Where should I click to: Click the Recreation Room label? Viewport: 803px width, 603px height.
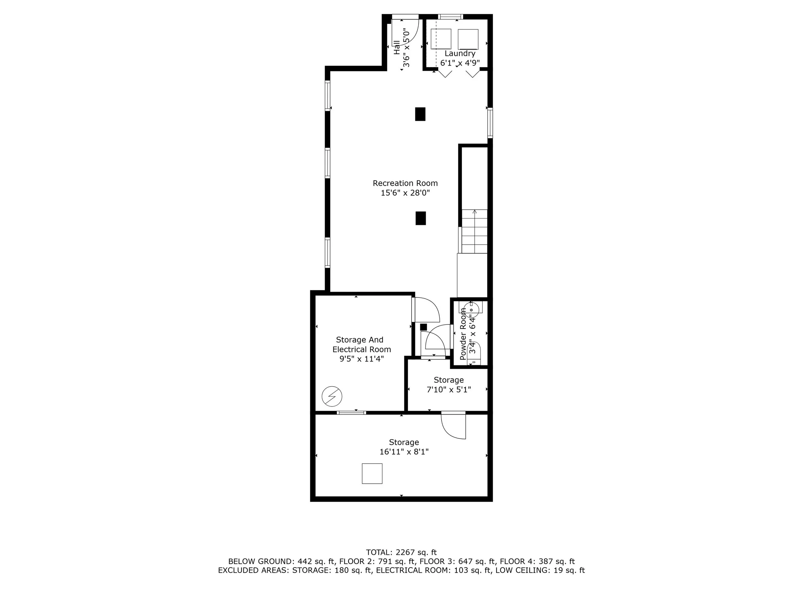coord(405,183)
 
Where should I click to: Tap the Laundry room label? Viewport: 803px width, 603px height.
coord(460,54)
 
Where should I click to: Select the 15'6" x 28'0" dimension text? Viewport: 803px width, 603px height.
coord(405,193)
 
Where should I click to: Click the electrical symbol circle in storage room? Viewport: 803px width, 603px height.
coord(332,396)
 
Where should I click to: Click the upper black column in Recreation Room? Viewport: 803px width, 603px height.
coord(420,114)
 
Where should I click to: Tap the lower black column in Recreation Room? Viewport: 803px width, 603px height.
coord(420,218)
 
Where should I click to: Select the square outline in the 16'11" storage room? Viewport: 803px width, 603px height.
coord(372,474)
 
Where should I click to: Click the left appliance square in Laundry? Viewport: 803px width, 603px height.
coord(441,39)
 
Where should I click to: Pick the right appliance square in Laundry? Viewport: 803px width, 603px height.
coord(468,39)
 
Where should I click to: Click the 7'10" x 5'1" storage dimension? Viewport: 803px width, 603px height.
coord(449,390)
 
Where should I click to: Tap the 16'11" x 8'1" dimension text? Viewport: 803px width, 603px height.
coord(404,452)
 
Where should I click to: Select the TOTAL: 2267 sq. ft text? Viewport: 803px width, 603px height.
coord(401,553)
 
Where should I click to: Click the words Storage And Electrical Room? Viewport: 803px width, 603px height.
coord(362,344)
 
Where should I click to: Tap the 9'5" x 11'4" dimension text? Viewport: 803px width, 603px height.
coord(362,359)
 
